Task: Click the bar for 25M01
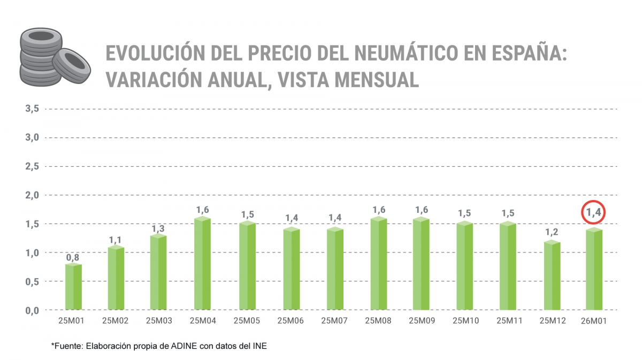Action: (73, 287)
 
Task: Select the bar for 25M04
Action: (202, 264)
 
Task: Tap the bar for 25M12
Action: (552, 275)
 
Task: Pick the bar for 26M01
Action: (594, 270)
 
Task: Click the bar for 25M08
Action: (378, 264)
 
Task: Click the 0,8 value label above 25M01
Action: (73, 258)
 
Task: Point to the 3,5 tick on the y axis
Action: (32, 109)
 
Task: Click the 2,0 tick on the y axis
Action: (32, 195)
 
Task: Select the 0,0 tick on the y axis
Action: (32, 310)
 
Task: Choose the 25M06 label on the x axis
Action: (290, 321)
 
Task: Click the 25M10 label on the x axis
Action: (465, 321)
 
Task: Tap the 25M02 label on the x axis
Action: (114, 321)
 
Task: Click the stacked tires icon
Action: (48, 57)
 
